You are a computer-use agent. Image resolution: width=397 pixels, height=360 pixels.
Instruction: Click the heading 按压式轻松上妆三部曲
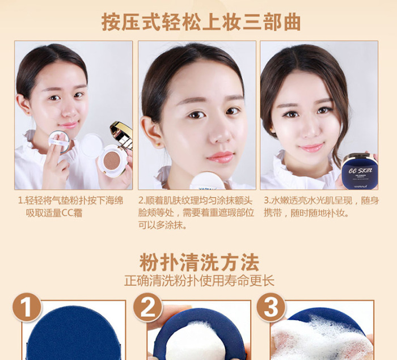pyautogui.click(x=201, y=22)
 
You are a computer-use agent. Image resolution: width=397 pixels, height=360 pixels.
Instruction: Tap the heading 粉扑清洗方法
pyautogui.click(x=199, y=262)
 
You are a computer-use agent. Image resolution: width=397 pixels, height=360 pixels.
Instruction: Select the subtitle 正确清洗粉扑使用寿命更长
pyautogui.click(x=199, y=281)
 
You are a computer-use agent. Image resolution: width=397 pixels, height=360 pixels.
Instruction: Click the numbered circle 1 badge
pyautogui.click(x=27, y=307)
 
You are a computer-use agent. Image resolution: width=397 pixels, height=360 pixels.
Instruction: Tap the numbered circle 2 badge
pyautogui.click(x=147, y=307)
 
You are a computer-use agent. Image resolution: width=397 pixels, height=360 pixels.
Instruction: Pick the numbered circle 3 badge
pyautogui.click(x=271, y=307)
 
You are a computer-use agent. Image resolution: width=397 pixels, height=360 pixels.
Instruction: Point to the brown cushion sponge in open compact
pyautogui.click(x=111, y=160)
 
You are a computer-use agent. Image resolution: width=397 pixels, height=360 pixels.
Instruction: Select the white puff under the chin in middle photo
pyautogui.click(x=207, y=181)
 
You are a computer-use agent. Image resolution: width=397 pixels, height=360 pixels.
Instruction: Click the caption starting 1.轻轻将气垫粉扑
pyautogui.click(x=71, y=207)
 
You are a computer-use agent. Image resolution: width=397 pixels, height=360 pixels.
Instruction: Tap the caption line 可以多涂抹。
pyautogui.click(x=163, y=225)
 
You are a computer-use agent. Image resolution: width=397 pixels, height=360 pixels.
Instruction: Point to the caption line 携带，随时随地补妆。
pyautogui.click(x=306, y=213)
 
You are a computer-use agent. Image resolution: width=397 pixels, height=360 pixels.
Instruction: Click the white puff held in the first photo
pyautogui.click(x=59, y=142)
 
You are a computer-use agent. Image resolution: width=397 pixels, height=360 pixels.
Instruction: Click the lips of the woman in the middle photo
pyautogui.click(x=220, y=157)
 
